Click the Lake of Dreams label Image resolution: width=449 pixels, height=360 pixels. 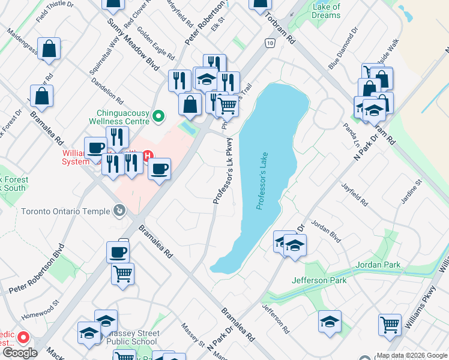point(327,11)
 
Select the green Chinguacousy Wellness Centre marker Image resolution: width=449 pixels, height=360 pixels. point(158,116)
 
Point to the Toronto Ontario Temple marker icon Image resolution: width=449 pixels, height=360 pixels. point(119,211)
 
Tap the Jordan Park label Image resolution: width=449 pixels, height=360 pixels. point(378,265)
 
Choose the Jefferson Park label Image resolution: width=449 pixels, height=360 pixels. point(319,280)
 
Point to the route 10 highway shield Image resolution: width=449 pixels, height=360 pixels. point(270,43)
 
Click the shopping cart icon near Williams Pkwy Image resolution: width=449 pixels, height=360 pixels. point(390,325)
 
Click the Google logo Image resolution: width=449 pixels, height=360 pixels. point(19,353)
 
